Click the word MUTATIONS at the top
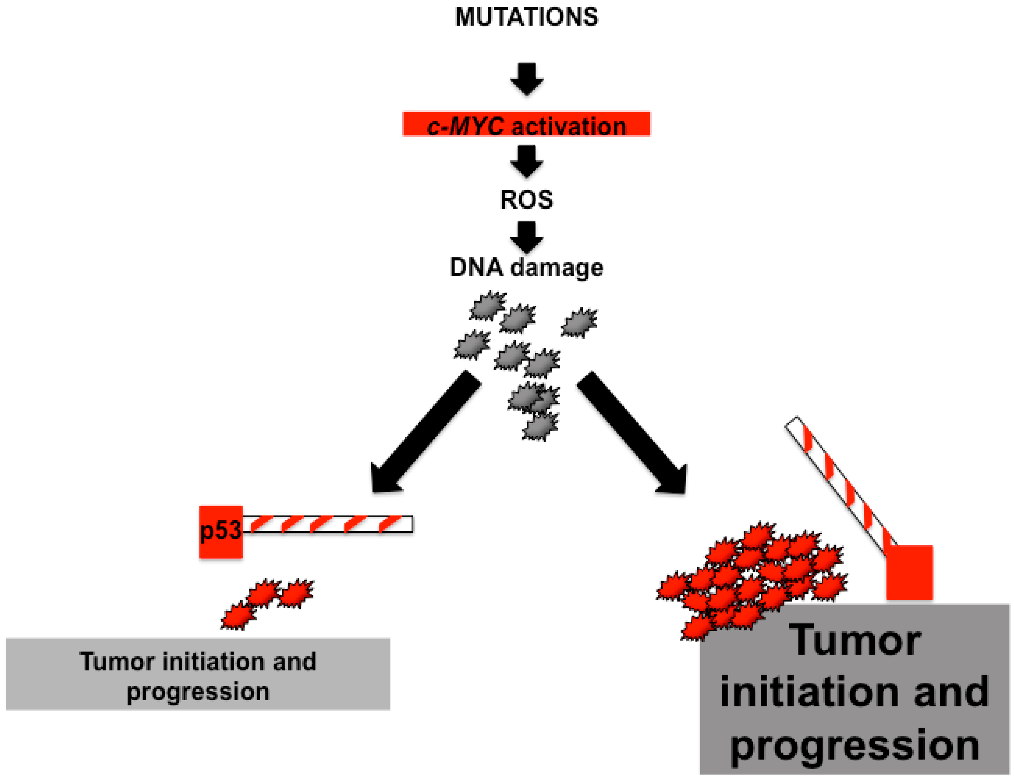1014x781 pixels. click(526, 17)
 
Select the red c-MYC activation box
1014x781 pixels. click(526, 124)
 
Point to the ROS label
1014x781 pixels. click(526, 200)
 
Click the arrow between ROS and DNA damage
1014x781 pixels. click(526, 237)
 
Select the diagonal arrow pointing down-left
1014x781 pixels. click(425, 432)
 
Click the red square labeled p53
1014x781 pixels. click(221, 532)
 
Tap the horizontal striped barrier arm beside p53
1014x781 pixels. click(327, 524)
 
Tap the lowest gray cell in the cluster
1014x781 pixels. click(540, 426)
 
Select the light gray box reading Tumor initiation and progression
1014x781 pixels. click(198, 674)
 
